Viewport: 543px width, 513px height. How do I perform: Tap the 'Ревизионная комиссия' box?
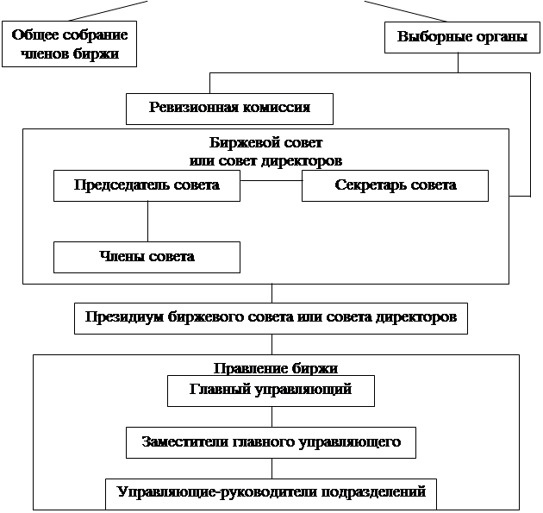pos(229,109)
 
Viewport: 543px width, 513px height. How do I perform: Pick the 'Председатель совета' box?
pos(147,185)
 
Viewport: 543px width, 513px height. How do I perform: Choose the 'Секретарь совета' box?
pos(395,185)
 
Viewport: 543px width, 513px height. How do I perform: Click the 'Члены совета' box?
pos(147,257)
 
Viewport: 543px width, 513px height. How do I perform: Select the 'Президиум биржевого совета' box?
pos(271,317)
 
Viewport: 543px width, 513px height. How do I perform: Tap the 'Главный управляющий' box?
pos(271,391)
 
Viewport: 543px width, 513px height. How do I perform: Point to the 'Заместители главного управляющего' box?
pos(271,442)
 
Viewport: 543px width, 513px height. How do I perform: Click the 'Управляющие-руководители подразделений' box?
pos(271,493)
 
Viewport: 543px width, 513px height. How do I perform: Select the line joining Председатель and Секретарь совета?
pos(271,182)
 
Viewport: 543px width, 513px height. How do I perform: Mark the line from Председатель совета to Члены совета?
pos(147,222)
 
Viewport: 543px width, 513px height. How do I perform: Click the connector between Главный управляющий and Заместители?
pos(271,416)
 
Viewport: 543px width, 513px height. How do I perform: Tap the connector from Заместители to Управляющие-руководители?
pos(271,468)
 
